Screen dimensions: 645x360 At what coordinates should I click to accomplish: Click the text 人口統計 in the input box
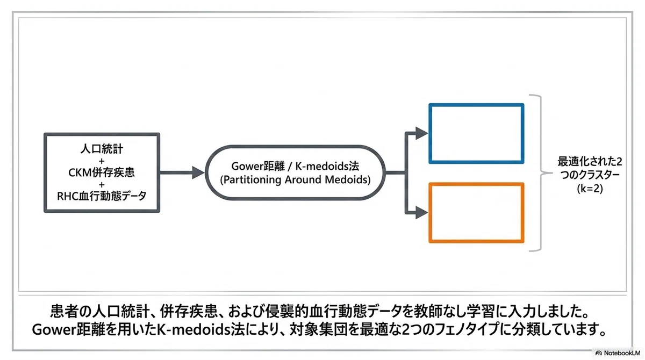(102, 149)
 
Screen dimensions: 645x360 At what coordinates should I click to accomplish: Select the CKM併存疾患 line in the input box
(102, 172)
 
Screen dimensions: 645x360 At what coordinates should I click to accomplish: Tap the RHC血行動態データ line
(102, 196)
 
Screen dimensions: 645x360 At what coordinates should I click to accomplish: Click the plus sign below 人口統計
(102, 161)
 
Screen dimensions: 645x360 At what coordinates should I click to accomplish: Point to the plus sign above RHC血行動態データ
(102, 184)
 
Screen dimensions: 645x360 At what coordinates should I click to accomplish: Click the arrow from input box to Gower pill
(182, 172)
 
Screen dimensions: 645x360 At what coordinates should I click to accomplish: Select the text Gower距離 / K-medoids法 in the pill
(295, 166)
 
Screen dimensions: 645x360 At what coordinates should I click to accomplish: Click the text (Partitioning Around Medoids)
(295, 179)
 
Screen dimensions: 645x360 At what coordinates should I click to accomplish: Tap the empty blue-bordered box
(476, 104)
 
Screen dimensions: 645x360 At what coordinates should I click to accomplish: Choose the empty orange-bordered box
(476, 184)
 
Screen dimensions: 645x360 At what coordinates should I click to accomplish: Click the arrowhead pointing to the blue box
(421, 133)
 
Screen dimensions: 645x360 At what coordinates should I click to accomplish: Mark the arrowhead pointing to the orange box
(421, 213)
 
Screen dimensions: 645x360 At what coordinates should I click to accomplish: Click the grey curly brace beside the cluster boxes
(541, 173)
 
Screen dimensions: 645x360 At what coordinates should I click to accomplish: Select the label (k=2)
(590, 189)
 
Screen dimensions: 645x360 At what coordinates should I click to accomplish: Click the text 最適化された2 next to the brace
(590, 162)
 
